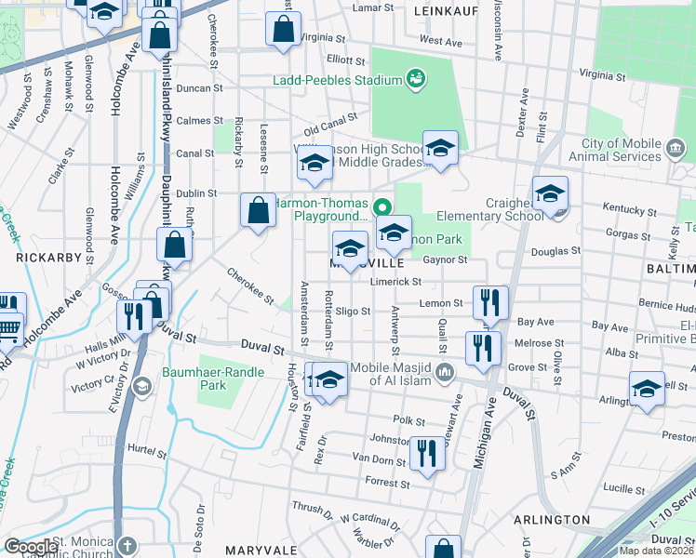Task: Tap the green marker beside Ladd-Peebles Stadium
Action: [x=415, y=80]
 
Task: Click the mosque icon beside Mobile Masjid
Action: [x=446, y=372]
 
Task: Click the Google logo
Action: [x=31, y=547]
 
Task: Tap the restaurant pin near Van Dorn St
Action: [x=427, y=454]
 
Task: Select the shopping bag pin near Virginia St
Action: [x=282, y=29]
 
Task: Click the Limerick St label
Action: [x=396, y=282]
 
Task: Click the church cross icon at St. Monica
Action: [x=127, y=546]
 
